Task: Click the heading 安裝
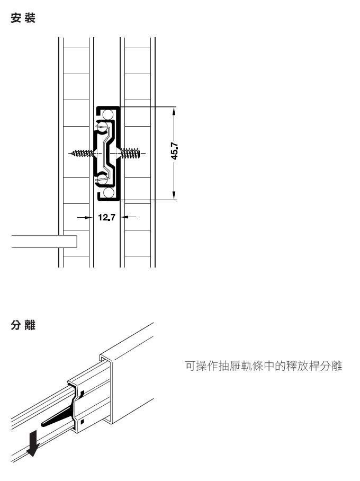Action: (23, 18)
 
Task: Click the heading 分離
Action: (23, 325)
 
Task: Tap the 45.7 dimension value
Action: (174, 150)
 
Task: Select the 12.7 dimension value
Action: (107, 217)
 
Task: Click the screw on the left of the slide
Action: (83, 153)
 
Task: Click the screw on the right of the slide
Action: (130, 153)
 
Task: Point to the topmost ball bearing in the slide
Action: (108, 114)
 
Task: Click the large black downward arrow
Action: (32, 443)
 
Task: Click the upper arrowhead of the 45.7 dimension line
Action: (174, 111)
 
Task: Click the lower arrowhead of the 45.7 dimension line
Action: (174, 195)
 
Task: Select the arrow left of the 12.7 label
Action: (85, 217)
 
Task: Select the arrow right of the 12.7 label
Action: (129, 217)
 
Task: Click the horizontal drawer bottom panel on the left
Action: (44, 242)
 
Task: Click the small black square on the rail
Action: (82, 422)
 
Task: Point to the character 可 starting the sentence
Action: (190, 366)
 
